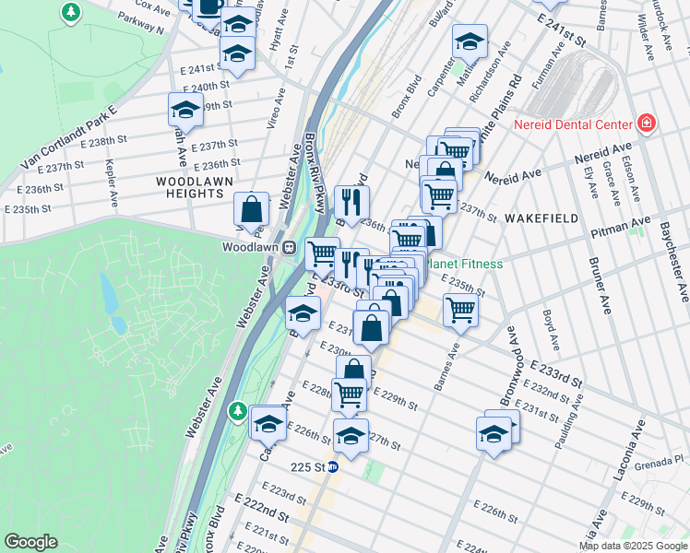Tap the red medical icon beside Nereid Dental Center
pyautogui.click(x=647, y=124)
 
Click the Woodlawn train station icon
pyautogui.click(x=289, y=248)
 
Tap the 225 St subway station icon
pyautogui.click(x=333, y=466)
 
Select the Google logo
pyautogui.click(x=31, y=541)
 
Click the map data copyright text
pyautogui.click(x=633, y=546)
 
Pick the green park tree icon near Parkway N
pyautogui.click(x=70, y=12)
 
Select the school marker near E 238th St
pyautogui.click(x=185, y=110)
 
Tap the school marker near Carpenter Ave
pyautogui.click(x=469, y=41)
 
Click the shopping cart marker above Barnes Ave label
pyautogui.click(x=459, y=311)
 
